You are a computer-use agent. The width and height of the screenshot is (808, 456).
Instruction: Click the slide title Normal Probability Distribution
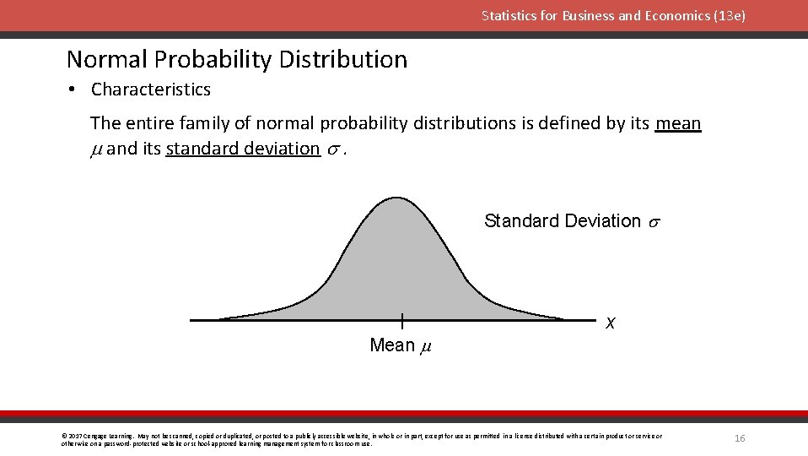click(237, 59)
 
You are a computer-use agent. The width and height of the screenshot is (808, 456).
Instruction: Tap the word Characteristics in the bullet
click(151, 90)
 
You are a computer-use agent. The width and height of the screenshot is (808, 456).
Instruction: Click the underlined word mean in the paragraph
click(678, 123)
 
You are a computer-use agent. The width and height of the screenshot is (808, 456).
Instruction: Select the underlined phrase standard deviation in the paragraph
click(243, 149)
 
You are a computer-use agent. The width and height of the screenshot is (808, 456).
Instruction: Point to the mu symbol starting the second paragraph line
click(96, 149)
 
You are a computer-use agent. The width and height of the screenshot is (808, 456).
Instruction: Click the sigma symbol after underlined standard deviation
click(333, 149)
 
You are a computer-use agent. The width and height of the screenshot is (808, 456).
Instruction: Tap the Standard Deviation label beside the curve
click(563, 221)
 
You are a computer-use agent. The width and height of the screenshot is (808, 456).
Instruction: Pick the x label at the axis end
click(610, 323)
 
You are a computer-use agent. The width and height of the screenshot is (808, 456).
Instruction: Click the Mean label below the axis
click(392, 345)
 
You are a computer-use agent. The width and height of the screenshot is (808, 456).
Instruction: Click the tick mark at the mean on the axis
click(402, 321)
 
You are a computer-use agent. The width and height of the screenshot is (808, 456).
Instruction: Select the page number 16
click(740, 438)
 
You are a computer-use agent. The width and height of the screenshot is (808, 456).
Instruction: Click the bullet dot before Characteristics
click(73, 90)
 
